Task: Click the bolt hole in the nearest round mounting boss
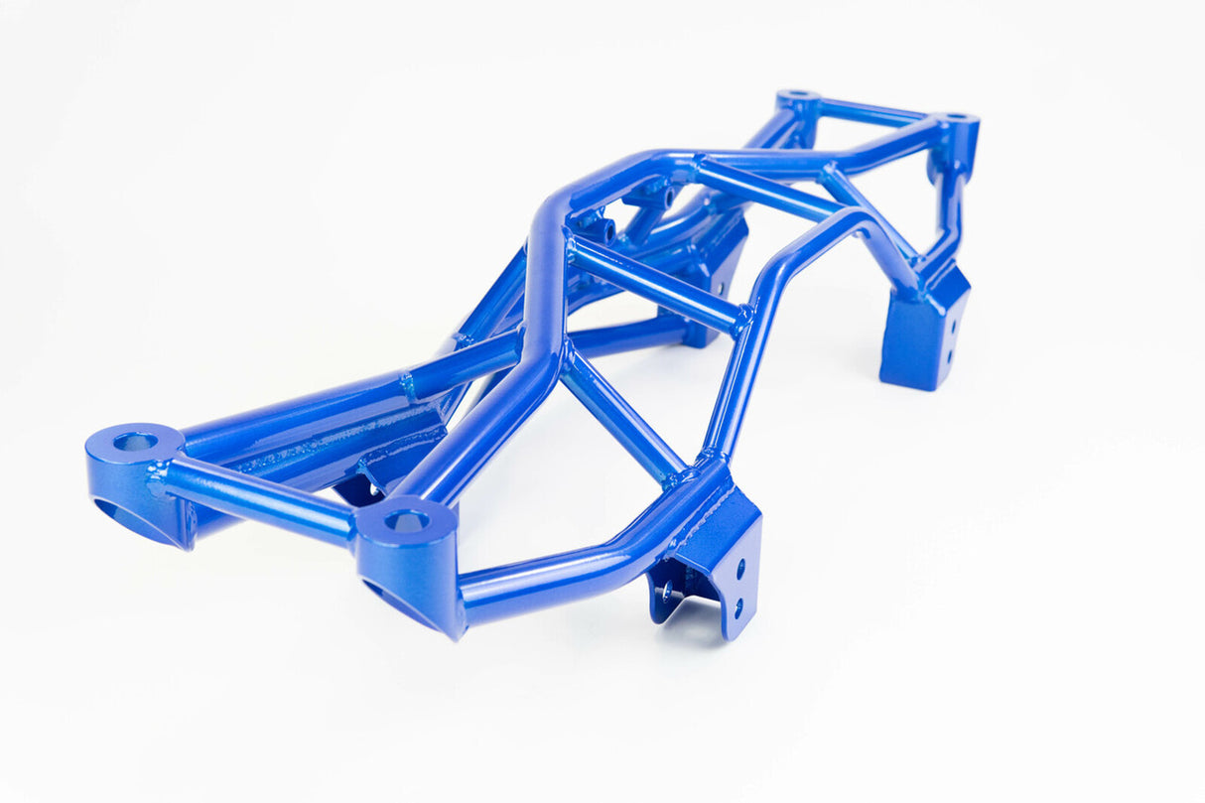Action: (407, 519)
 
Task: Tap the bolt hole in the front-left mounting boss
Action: (135, 441)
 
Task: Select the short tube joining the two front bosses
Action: (260, 500)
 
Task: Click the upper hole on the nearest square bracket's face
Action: (739, 570)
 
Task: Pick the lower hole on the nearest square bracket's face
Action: (737, 602)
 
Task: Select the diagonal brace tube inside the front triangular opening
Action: (623, 417)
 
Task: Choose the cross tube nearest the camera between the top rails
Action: (655, 286)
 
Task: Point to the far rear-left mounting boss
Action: (799, 101)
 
